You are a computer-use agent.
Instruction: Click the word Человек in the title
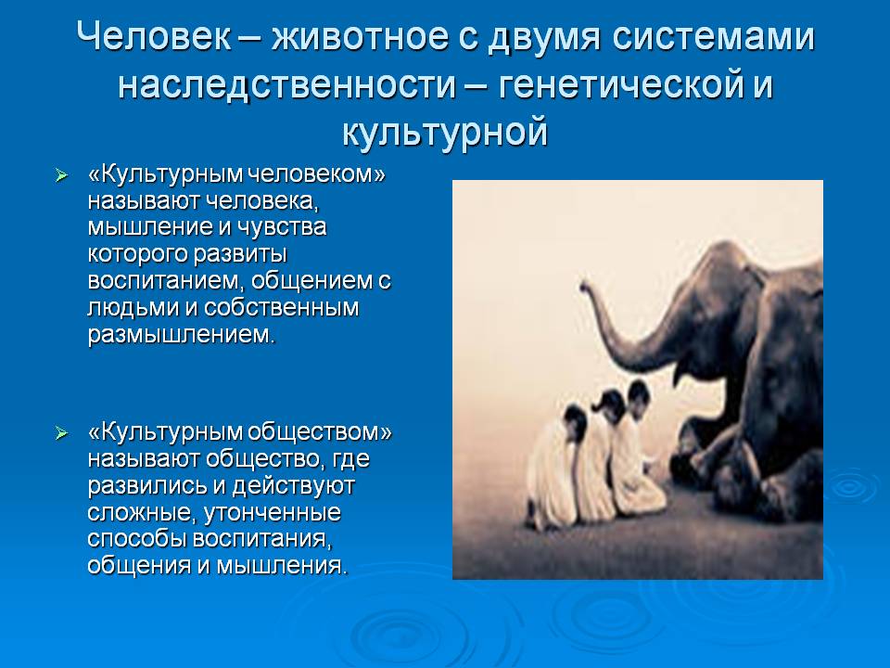[154, 37]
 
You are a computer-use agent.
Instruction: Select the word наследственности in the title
[287, 85]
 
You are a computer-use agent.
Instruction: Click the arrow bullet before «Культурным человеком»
[61, 175]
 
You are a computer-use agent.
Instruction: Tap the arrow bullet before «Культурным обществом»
[61, 434]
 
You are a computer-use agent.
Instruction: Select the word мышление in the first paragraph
[149, 227]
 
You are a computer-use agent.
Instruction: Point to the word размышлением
[181, 334]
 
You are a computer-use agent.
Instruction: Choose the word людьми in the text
[133, 307]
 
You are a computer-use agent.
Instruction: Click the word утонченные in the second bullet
[273, 512]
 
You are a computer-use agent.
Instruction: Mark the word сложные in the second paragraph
[142, 512]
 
